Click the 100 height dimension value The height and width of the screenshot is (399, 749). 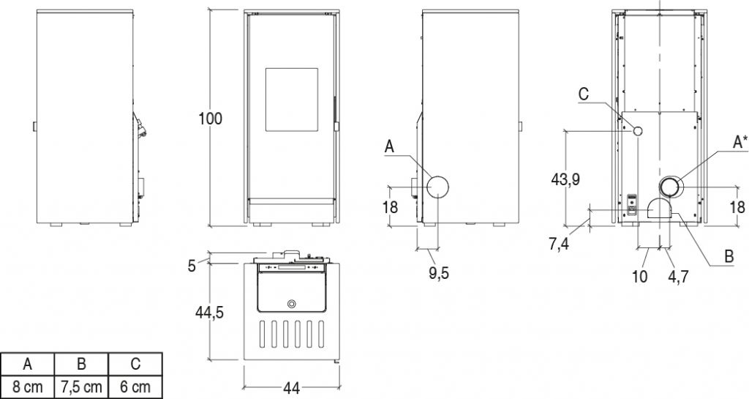[x=211, y=118]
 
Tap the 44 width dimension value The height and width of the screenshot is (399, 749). [x=291, y=388]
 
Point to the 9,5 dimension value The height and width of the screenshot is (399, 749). [x=439, y=274]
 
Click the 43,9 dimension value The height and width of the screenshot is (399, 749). [x=565, y=179]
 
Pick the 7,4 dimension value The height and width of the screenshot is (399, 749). [x=558, y=245]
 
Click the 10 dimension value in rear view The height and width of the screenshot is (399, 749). [x=639, y=276]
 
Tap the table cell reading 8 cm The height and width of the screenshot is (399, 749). [x=28, y=386]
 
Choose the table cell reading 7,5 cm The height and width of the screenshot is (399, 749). [x=82, y=386]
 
